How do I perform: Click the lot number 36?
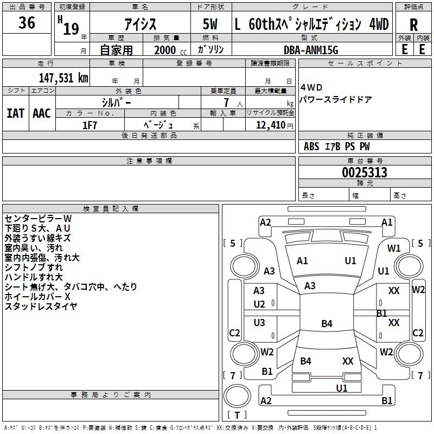click(x=27, y=23)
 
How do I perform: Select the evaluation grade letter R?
click(x=413, y=25)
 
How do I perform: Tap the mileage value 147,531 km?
click(x=63, y=78)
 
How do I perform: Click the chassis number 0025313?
click(x=365, y=173)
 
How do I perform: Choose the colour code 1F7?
click(x=90, y=125)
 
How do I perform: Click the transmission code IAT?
click(x=15, y=113)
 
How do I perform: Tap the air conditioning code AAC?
click(x=41, y=113)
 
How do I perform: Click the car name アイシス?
click(x=140, y=24)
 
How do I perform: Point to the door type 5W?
click(x=211, y=24)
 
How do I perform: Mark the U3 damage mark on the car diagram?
click(x=259, y=322)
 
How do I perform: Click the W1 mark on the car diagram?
click(x=394, y=248)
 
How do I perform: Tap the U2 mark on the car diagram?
click(x=259, y=304)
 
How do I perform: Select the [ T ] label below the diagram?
click(x=237, y=416)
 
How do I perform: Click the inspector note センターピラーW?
click(x=38, y=218)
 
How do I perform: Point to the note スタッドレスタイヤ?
click(x=41, y=306)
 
